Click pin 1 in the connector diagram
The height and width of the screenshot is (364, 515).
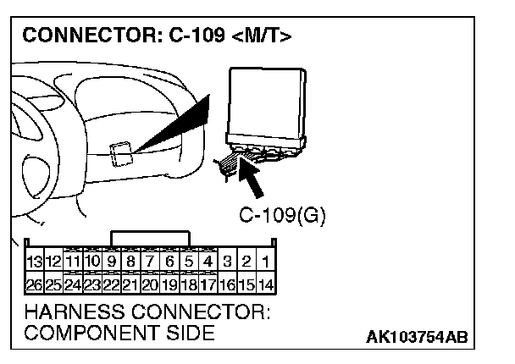click(x=265, y=262)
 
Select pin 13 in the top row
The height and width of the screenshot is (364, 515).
click(x=35, y=262)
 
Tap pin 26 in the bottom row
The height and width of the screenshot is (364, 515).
click(x=35, y=284)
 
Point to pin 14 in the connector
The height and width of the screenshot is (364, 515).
click(x=265, y=284)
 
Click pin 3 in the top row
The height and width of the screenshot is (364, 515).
click(x=227, y=262)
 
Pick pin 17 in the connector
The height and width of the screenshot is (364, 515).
click(x=208, y=284)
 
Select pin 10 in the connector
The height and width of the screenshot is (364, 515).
click(x=92, y=262)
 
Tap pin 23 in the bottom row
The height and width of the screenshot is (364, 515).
click(x=92, y=284)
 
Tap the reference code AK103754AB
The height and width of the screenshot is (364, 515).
click(x=416, y=337)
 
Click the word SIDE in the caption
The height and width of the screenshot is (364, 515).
click(x=191, y=334)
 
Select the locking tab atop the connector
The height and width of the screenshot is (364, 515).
click(x=151, y=237)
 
